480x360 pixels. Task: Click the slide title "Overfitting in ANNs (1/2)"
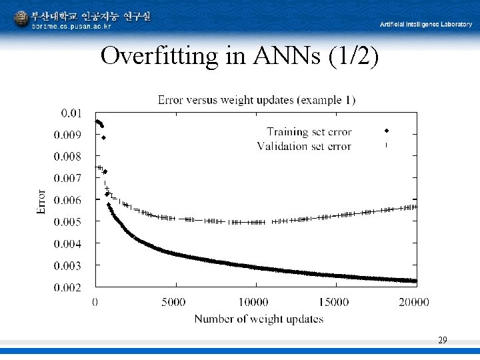point(239,56)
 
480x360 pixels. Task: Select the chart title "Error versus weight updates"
point(256,100)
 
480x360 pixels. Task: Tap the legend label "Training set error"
point(309,132)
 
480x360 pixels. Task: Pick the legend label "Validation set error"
point(303,146)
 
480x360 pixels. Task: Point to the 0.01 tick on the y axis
point(71,113)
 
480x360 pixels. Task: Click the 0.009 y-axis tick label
point(69,135)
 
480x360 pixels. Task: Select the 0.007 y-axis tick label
point(69,179)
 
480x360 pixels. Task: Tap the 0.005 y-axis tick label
point(69,222)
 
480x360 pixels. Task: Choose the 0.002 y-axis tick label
point(69,287)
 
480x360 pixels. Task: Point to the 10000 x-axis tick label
point(254,303)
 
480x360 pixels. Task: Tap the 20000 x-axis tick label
point(413,303)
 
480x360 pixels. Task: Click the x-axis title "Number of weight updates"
point(259,319)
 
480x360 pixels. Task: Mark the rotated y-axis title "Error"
point(41,201)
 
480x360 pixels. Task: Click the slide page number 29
point(443,341)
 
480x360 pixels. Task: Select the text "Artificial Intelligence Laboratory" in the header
point(425,25)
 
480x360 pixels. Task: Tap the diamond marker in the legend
point(386,130)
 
